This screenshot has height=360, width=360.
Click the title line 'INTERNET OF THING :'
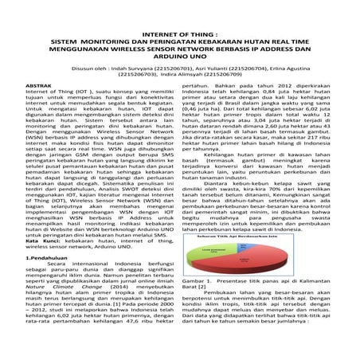click(x=180, y=25)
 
